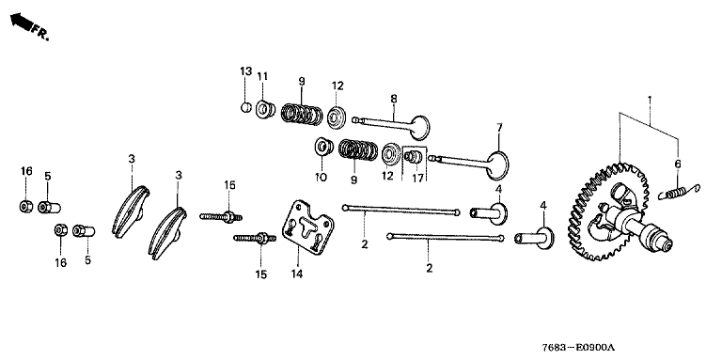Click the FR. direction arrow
(21, 22)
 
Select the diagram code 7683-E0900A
(578, 348)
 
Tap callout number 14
(297, 274)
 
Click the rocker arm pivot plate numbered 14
(308, 227)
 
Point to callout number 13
(246, 71)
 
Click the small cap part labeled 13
(246, 107)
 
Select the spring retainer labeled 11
(266, 110)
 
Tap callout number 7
(499, 127)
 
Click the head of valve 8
(420, 128)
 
